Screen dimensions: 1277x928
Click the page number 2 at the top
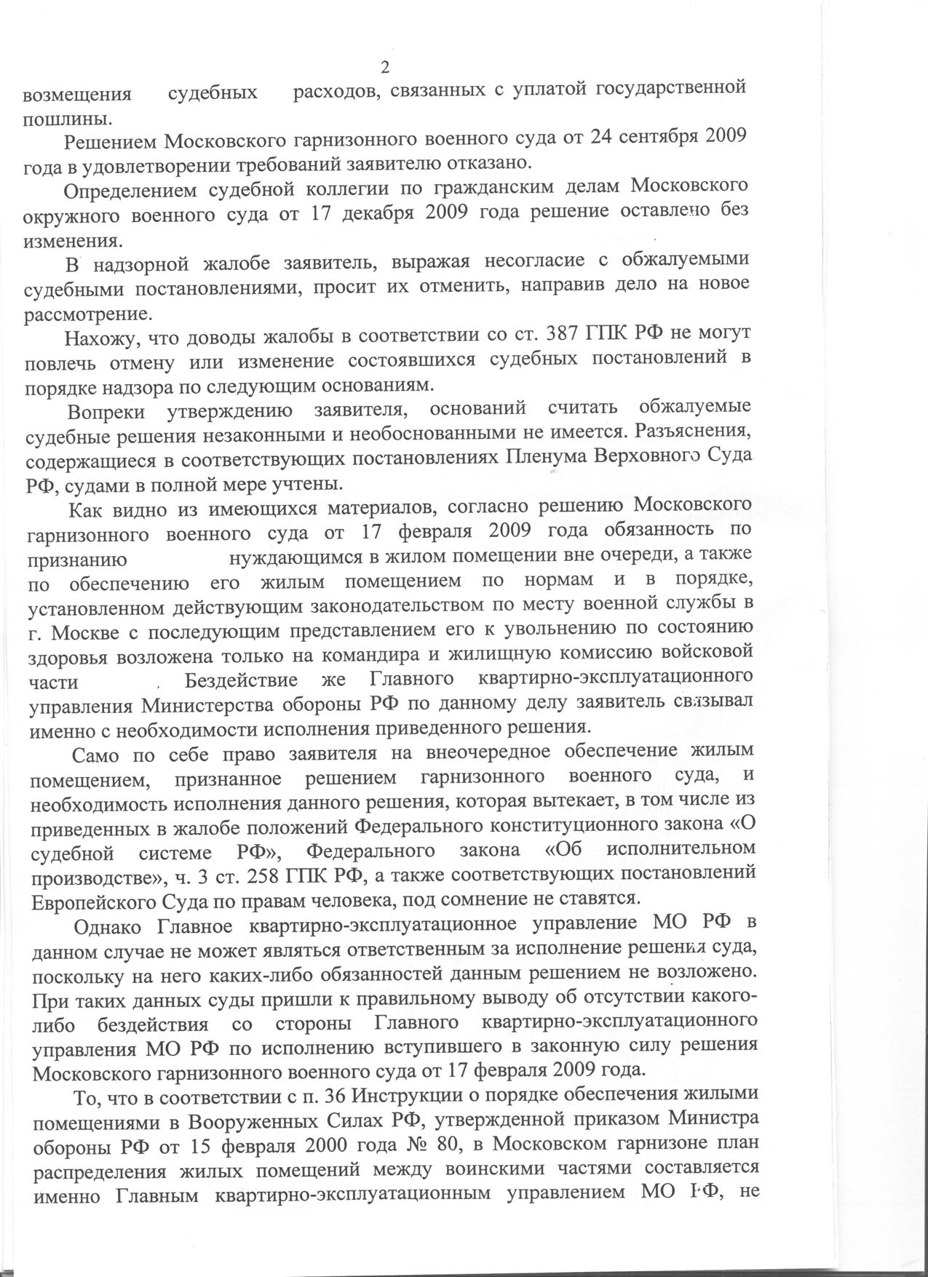[x=386, y=68]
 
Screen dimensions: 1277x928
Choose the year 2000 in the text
[x=331, y=1145]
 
